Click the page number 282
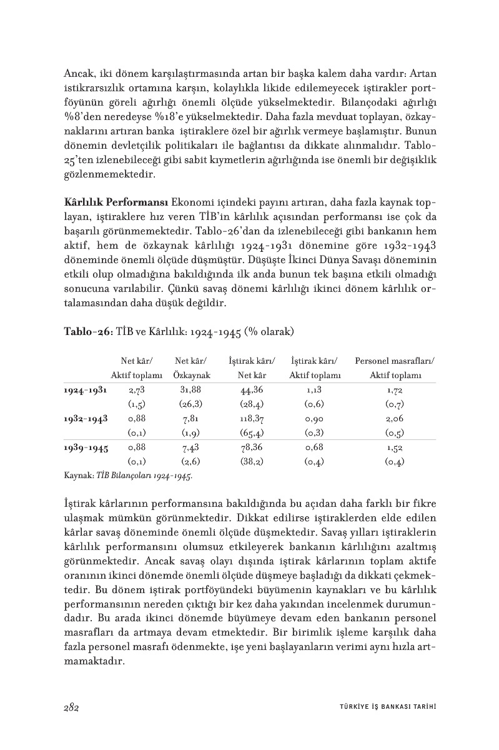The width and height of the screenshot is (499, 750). click(x=70, y=707)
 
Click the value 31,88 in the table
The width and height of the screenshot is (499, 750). click(x=191, y=389)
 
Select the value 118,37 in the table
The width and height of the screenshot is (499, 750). click(x=252, y=418)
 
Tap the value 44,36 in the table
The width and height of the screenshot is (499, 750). click(x=252, y=389)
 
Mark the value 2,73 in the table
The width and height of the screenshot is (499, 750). click(x=136, y=389)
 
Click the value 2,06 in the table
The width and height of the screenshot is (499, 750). click(x=395, y=418)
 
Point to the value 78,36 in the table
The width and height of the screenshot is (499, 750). click(x=252, y=447)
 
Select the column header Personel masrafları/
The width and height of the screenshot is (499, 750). click(x=395, y=361)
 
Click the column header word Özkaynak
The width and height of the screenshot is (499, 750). click(x=191, y=375)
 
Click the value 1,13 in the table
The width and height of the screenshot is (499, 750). click(x=314, y=389)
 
